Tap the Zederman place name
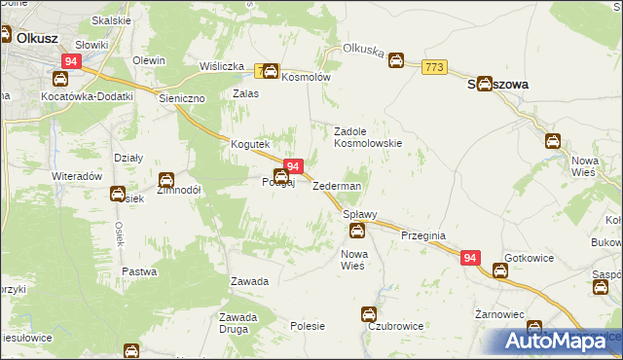tap(337, 186)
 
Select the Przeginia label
tap(422, 234)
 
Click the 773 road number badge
tap(435, 66)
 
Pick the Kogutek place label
tap(249, 144)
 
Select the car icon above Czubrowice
tap(369, 313)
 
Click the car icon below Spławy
tap(357, 231)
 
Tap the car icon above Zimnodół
tap(166, 180)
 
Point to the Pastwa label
tap(139, 270)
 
